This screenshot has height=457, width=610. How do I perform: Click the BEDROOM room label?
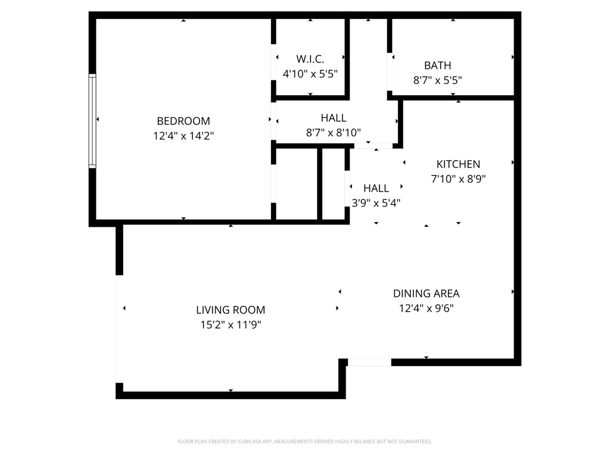click(x=183, y=121)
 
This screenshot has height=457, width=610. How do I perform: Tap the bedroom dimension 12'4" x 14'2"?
click(x=183, y=136)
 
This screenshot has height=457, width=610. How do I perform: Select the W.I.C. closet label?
click(x=310, y=59)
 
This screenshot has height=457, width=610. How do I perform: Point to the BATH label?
click(x=437, y=65)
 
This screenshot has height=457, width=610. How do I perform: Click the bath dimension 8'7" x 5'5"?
click(x=437, y=80)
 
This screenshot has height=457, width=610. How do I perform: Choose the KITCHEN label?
click(x=458, y=164)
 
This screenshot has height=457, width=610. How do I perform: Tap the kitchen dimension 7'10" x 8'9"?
click(x=458, y=179)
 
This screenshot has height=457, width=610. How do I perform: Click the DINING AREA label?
click(x=426, y=293)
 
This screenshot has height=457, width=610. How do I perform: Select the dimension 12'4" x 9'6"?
click(x=426, y=308)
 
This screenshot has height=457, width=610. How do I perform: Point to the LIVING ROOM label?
click(x=231, y=310)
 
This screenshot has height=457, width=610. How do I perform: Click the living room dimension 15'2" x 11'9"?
click(x=231, y=325)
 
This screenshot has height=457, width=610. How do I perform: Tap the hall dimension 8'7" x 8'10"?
click(x=333, y=133)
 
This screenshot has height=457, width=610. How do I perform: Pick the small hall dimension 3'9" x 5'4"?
click(x=376, y=203)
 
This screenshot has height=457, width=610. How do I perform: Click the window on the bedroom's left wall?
click(x=92, y=120)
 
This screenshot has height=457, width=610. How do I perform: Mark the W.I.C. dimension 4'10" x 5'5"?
click(x=310, y=74)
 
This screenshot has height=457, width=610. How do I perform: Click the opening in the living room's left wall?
click(x=119, y=328)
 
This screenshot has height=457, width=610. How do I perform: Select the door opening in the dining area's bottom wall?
click(x=369, y=362)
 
